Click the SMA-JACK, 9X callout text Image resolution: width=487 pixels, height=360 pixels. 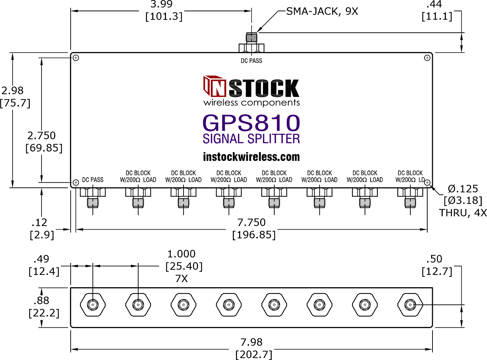click(x=322, y=11)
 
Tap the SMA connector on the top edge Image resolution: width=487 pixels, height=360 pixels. click(x=251, y=43)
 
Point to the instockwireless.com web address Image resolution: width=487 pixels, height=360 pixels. click(x=251, y=157)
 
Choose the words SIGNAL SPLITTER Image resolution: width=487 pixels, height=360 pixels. click(x=251, y=139)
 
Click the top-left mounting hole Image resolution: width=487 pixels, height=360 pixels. click(x=76, y=58)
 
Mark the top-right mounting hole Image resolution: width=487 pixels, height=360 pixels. click(x=427, y=58)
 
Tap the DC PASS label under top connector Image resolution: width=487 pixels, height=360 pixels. click(x=251, y=61)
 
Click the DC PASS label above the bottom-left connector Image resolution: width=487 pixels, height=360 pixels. click(x=93, y=180)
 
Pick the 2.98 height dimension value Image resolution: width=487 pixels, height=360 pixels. click(x=13, y=91)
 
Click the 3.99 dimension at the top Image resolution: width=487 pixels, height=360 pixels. click(x=161, y=4)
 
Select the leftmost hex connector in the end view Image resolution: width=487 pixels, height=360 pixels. click(x=93, y=305)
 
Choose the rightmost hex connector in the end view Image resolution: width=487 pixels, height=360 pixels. click(x=410, y=305)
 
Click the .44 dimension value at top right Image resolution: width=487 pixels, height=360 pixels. click(x=434, y=4)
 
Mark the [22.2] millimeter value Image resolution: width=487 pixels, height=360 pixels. click(x=44, y=313)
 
